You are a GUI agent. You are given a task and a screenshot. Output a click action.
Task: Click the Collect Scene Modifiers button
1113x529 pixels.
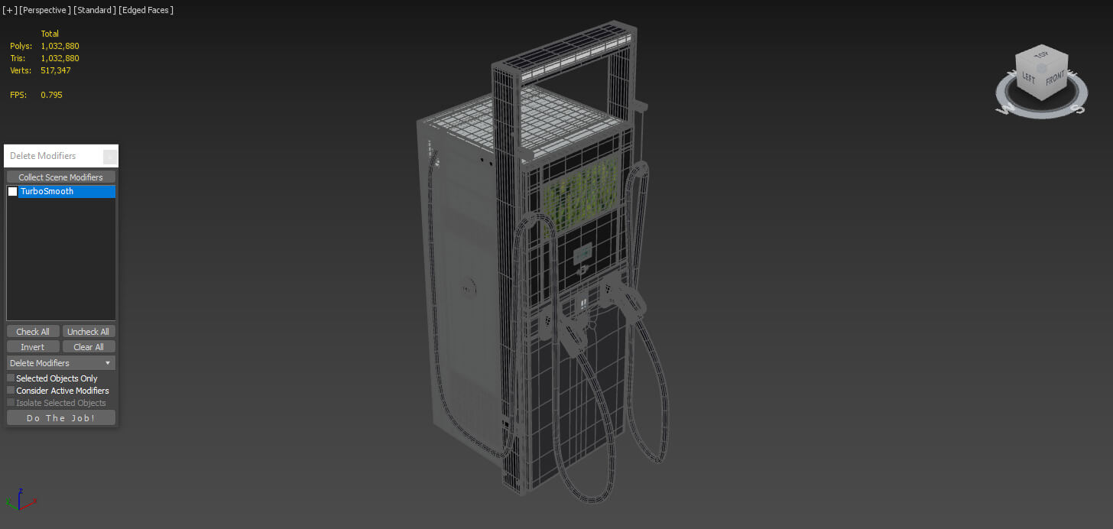pos(60,177)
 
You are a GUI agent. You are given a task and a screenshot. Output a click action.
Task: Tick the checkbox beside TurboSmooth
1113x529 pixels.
pos(13,192)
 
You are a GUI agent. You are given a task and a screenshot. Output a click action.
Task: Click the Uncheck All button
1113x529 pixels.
pos(88,332)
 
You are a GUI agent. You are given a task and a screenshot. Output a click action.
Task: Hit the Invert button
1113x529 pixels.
pos(33,347)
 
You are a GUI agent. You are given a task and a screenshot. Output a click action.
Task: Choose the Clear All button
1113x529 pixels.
pos(88,347)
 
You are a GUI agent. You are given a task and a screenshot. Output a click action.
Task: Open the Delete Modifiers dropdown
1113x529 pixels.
pos(60,363)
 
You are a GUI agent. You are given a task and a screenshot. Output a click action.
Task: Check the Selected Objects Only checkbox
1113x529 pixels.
pos(11,378)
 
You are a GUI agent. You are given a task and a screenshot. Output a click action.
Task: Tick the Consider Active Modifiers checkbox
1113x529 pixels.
pos(11,391)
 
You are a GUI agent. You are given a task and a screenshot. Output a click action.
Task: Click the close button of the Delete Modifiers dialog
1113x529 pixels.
pos(110,157)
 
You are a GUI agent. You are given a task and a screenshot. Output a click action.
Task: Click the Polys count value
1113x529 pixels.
pos(60,46)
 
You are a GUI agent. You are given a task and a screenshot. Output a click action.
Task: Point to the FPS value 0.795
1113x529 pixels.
pos(51,95)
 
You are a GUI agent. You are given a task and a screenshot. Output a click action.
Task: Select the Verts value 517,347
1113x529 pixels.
pos(57,70)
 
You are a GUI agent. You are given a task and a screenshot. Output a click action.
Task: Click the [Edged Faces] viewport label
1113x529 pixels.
pos(147,10)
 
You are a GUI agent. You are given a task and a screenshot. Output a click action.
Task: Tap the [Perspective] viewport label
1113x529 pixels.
pos(45,10)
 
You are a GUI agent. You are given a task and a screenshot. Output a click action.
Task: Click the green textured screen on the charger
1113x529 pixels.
pos(584,194)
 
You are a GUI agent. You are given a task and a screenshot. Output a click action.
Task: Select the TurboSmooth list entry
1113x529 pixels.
pos(67,192)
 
